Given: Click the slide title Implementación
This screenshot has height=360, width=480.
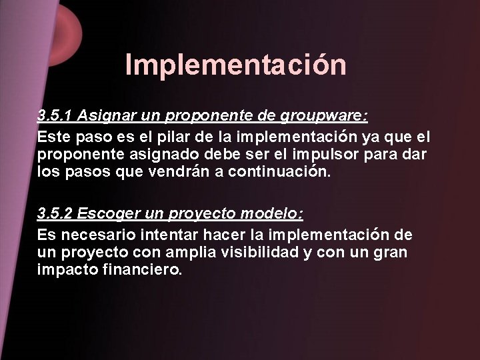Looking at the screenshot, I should (235, 65).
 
